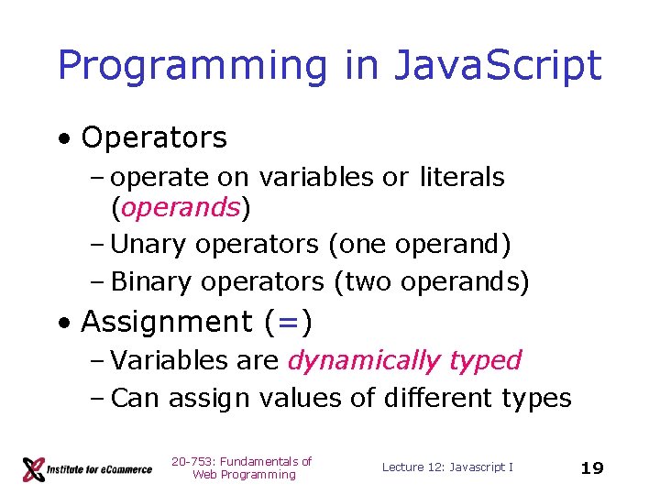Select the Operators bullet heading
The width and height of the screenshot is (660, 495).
(153, 137)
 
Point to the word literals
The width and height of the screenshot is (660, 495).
(462, 176)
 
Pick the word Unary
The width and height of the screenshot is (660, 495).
(148, 245)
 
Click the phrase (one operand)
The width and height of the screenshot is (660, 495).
(419, 245)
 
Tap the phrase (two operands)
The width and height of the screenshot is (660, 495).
(431, 281)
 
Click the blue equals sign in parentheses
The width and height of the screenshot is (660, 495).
(288, 322)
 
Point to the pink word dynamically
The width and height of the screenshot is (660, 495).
(364, 360)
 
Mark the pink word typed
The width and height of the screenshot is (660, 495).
(486, 360)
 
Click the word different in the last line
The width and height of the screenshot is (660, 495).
(429, 398)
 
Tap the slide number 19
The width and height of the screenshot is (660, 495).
(592, 468)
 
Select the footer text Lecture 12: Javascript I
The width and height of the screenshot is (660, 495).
(447, 467)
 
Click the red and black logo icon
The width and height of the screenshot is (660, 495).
(34, 468)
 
